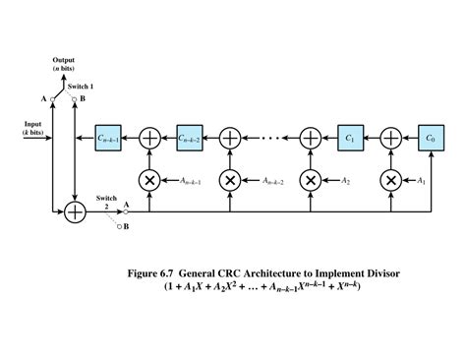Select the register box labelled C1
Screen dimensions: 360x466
coord(351,138)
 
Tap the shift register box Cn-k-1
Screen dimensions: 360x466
coord(109,138)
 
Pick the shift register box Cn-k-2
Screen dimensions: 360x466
coord(189,138)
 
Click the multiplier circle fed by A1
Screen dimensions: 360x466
coord(391,180)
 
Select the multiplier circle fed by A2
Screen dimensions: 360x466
coord(311,180)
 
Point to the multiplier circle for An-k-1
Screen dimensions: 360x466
coord(149,180)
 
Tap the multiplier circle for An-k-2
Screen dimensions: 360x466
coord(229,180)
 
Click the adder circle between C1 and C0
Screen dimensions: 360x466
coord(391,138)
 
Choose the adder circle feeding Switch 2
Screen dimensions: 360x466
coord(75,210)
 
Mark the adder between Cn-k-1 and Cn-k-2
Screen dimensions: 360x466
coord(149,138)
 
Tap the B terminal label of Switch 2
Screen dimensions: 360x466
coord(126,227)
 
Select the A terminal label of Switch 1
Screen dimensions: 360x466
coord(44,99)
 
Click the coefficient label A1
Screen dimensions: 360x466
coord(421,181)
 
